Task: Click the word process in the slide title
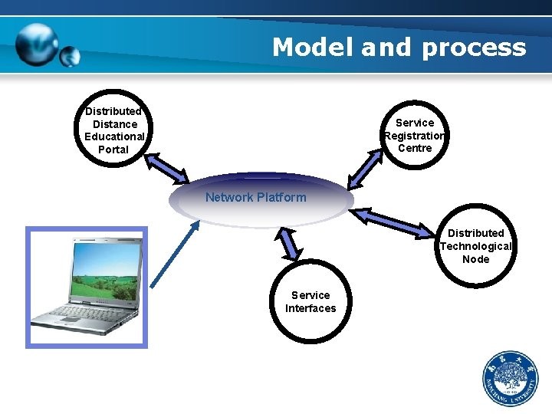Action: pyautogui.click(x=473, y=48)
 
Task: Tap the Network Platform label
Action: pyautogui.click(x=255, y=197)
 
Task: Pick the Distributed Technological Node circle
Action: pyautogui.click(x=475, y=246)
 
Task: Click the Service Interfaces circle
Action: pyautogui.click(x=310, y=302)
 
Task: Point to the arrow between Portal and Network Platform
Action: pyautogui.click(x=167, y=169)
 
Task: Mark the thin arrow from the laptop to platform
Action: pyautogui.click(x=175, y=254)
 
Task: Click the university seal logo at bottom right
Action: pyautogui.click(x=510, y=379)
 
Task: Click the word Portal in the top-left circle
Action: pyautogui.click(x=113, y=149)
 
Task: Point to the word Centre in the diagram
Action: pyautogui.click(x=415, y=148)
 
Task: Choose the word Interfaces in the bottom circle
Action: pyautogui.click(x=310, y=308)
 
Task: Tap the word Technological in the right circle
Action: pyautogui.click(x=475, y=246)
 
